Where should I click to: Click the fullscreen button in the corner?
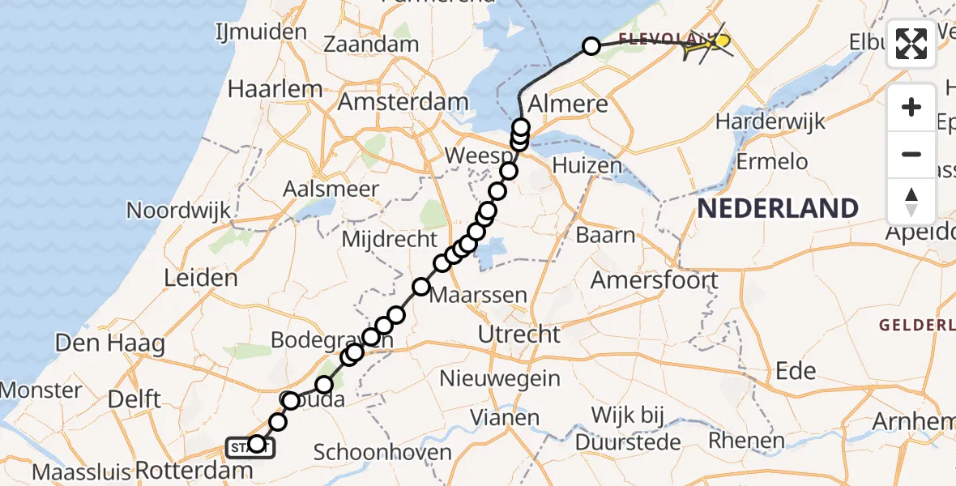(911, 44)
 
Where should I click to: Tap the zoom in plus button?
(911, 107)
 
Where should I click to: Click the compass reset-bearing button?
(911, 201)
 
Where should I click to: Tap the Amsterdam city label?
(403, 103)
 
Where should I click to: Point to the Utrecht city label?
(519, 334)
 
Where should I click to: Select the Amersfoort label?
(654, 280)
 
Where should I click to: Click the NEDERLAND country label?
(777, 208)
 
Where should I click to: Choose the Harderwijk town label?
(770, 122)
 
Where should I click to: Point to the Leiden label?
(201, 278)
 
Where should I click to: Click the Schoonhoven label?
(382, 452)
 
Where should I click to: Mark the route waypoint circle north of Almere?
(591, 46)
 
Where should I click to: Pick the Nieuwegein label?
(500, 377)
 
